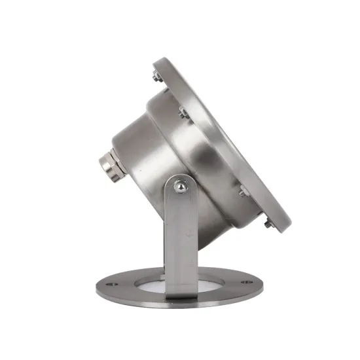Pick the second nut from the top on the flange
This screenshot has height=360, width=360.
tap(183, 115)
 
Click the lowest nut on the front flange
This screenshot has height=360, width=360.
tap(268, 225)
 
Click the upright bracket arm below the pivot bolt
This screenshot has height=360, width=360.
tap(181, 242)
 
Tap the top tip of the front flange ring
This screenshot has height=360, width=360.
tap(160, 61)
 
